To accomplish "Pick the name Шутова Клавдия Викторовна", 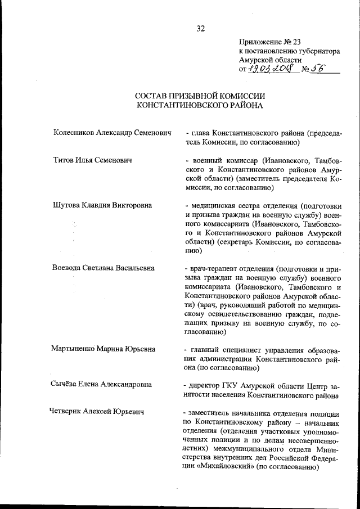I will point(102,205).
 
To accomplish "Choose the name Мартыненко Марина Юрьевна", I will point(103,349).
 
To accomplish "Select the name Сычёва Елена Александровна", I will point(102,385).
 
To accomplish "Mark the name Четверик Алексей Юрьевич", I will point(97,412).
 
